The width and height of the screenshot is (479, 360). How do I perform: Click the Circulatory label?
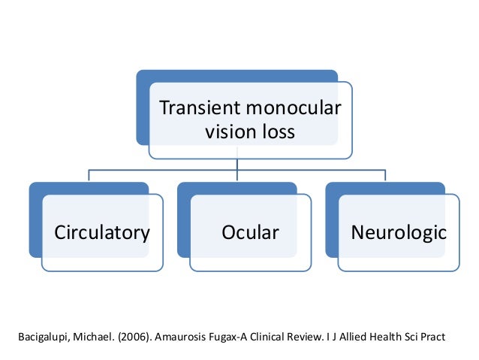coord(101,232)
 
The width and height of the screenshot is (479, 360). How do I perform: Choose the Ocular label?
coord(250,232)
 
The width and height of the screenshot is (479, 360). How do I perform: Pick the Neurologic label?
coord(399,232)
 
